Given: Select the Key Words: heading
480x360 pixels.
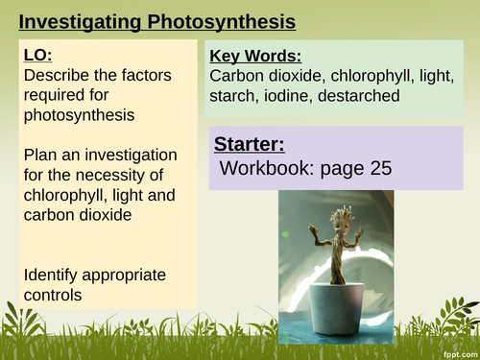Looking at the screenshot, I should point(255,56).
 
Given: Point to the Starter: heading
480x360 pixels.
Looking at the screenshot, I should point(249,144).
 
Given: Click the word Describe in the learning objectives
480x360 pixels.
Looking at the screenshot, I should point(57,75).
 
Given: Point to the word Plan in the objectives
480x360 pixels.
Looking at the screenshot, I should point(40,156).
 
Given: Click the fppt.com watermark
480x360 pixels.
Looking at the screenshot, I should point(456,352).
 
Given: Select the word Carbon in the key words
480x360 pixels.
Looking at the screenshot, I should point(237,76).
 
